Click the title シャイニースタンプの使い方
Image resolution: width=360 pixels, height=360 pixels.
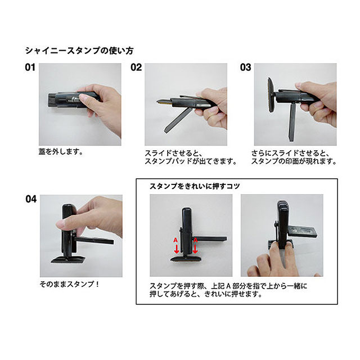tap(79, 51)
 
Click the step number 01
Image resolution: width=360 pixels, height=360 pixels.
tap(30, 68)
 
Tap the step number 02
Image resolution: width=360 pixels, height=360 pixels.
tap(136, 68)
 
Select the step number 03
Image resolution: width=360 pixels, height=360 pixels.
tap(245, 68)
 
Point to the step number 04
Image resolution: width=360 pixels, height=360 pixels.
tap(31, 199)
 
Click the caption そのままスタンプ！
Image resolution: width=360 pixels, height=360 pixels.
tap(69, 284)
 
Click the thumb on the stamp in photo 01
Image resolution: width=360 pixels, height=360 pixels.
tap(84, 100)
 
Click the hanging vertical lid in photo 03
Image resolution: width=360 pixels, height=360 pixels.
tap(292, 125)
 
